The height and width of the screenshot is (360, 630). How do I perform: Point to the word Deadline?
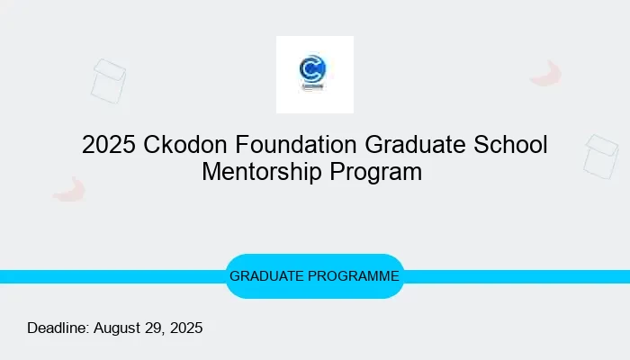click(58, 328)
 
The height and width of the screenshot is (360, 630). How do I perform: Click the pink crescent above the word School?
click(546, 75)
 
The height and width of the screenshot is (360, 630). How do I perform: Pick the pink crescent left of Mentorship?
click(68, 189)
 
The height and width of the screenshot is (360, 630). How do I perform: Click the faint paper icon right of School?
click(600, 156)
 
